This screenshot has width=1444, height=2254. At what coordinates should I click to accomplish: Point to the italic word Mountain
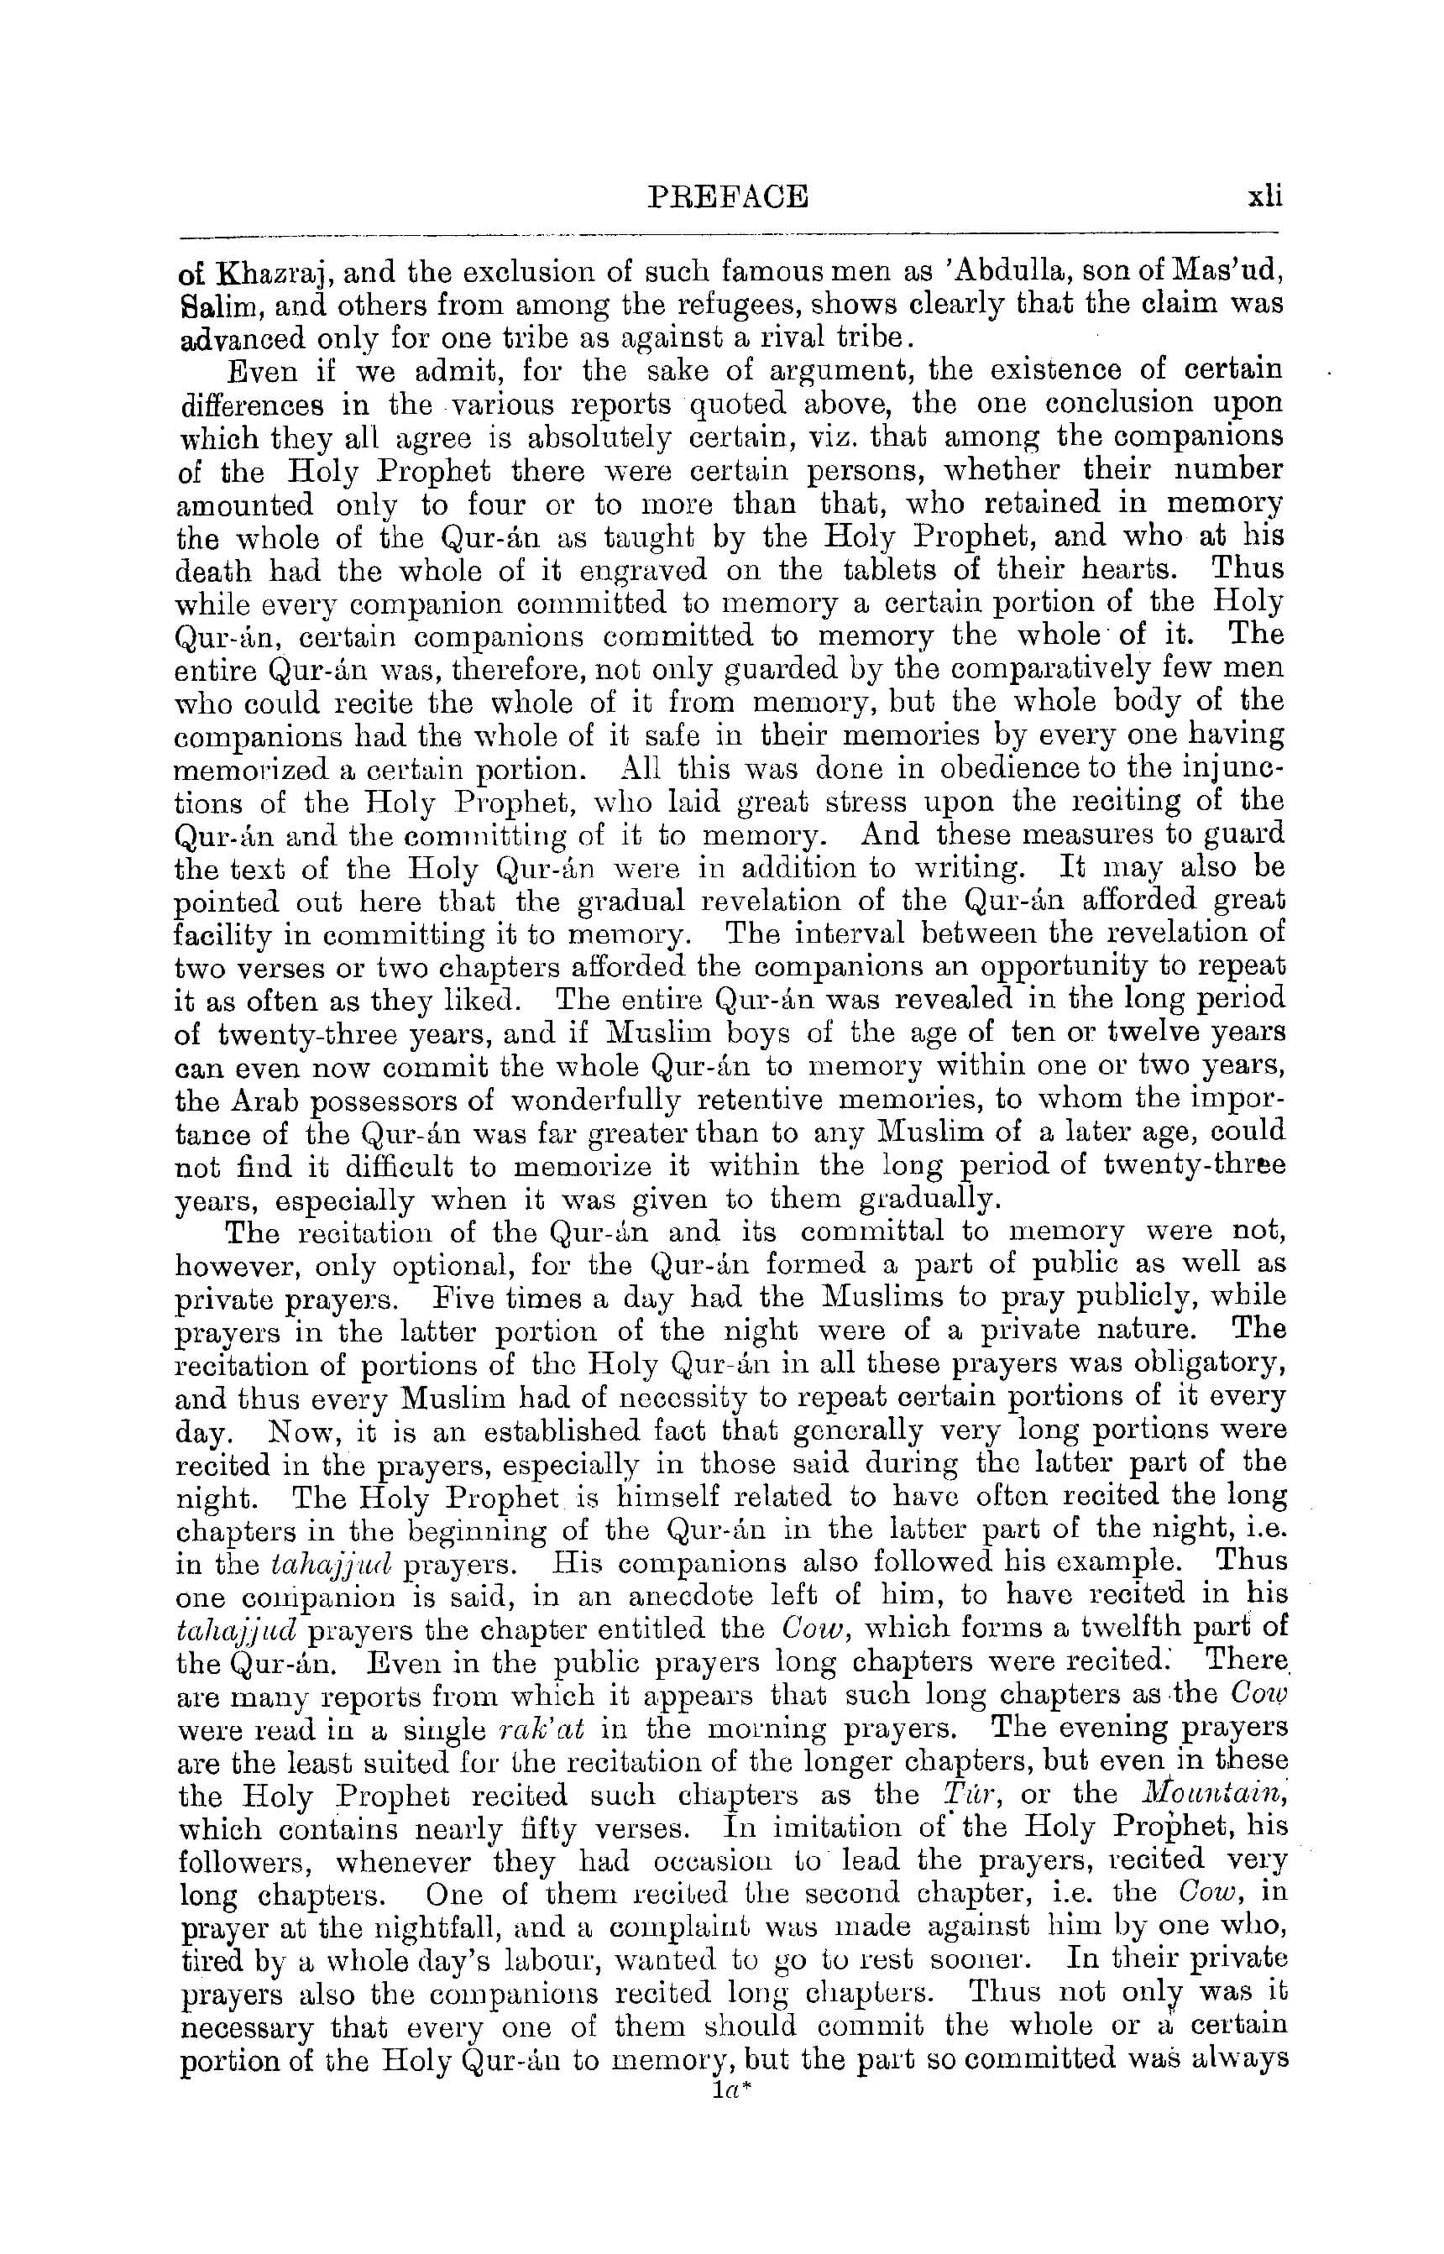1205,1794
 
